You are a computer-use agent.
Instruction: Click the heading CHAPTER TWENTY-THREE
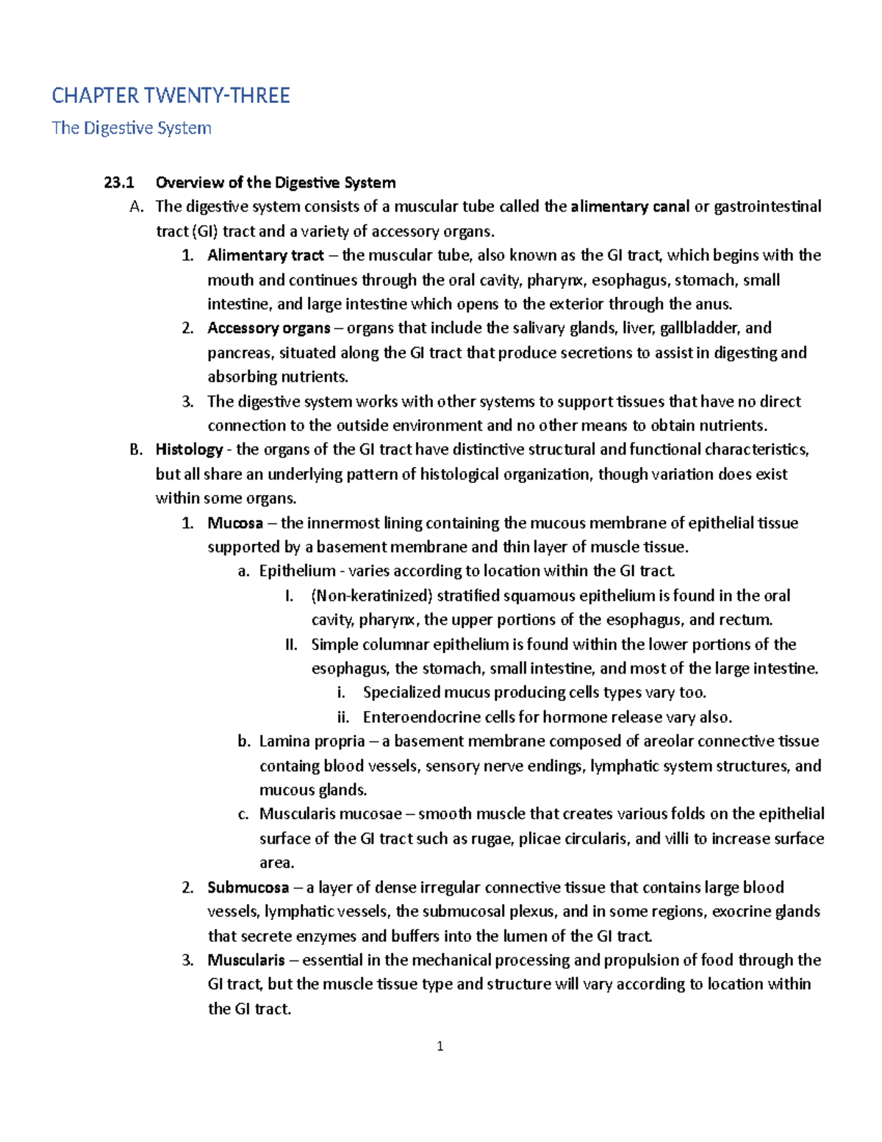171,96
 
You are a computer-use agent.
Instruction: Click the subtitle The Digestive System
132,128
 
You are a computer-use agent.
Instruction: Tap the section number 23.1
119,182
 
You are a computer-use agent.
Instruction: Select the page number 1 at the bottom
440,1046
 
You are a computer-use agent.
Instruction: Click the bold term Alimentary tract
265,255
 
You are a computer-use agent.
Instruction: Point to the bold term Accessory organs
268,328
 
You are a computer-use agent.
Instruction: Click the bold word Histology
189,449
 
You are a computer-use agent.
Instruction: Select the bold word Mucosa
235,523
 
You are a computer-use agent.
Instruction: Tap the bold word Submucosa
248,888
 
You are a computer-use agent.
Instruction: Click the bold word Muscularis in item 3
245,960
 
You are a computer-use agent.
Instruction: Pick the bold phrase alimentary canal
630,207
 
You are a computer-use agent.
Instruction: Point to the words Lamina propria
312,741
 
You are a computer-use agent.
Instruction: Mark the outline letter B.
135,449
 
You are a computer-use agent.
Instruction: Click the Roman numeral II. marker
291,645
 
